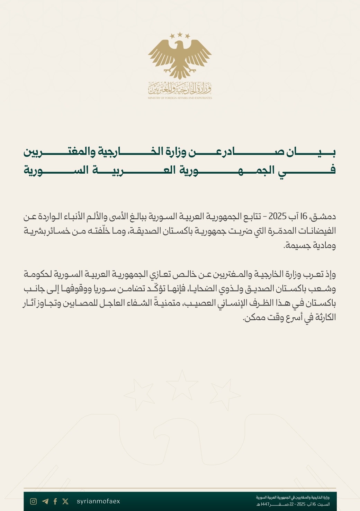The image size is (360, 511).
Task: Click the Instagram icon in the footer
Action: (34, 501)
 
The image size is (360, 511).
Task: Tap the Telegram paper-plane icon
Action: (45, 501)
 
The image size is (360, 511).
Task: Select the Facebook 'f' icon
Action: (55, 501)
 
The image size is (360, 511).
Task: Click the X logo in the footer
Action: (65, 501)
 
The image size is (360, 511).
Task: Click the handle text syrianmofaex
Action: (98, 501)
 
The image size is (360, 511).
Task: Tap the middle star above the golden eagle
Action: (180, 34)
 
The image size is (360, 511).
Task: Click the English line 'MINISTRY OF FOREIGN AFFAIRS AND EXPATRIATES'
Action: (180, 98)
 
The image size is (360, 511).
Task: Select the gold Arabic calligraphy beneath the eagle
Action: (180, 89)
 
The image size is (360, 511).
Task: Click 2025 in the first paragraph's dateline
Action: (277, 217)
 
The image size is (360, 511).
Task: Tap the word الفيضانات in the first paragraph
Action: (319, 231)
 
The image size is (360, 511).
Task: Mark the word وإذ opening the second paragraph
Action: (330, 275)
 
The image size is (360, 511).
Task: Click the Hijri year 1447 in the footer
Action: (266, 504)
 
